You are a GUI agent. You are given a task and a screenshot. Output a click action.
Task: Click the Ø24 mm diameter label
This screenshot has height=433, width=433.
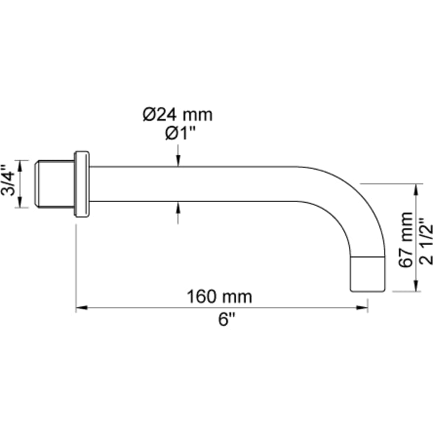177,114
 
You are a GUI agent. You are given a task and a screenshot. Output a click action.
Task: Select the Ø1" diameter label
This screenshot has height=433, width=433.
177,134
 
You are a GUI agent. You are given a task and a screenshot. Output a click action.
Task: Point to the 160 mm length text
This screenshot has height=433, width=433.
220,296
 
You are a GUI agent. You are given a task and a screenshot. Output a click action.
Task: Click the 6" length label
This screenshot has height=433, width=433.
226,320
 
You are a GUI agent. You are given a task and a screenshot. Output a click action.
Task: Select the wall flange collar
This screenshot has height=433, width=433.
82,184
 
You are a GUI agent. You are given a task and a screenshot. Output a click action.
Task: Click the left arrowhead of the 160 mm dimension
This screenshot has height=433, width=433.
81,307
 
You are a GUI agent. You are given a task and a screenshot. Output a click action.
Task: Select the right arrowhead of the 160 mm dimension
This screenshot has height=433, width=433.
363,307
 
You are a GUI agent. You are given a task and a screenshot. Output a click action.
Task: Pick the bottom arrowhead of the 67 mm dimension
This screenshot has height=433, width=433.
417,287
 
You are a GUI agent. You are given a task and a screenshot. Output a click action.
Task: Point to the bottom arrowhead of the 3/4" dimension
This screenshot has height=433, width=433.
21,203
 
